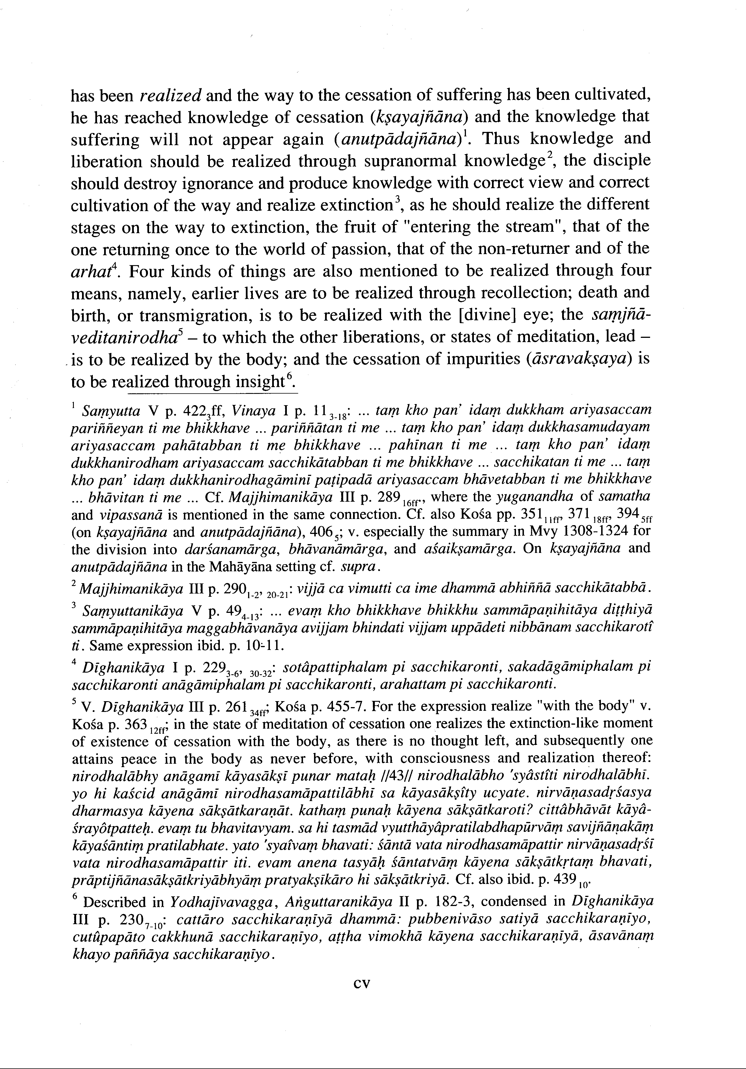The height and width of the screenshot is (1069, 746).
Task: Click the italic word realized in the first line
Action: [x=170, y=95]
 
